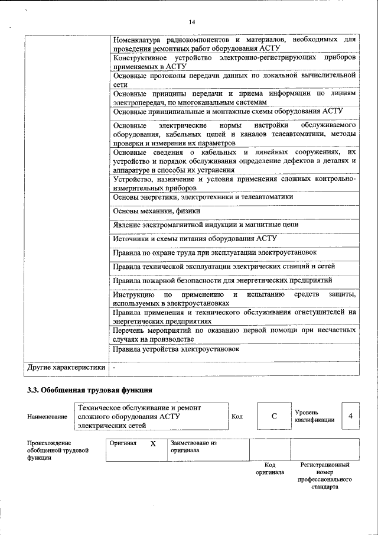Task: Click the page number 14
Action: tap(191, 22)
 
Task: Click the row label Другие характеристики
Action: tap(66, 368)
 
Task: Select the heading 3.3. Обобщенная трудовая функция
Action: tap(90, 390)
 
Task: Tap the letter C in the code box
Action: tap(274, 416)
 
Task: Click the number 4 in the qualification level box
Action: tap(350, 416)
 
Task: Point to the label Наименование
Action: tap(47, 417)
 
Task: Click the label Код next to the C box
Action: tap(237, 416)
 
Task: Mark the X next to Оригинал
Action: tap(153, 443)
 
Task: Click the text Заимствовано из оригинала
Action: tap(194, 446)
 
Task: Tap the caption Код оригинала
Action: tap(269, 469)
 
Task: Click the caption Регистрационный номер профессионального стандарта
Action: tap(325, 477)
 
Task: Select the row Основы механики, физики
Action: tap(157, 210)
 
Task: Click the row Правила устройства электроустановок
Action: tap(176, 349)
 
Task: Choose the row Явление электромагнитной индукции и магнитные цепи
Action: tap(206, 225)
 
